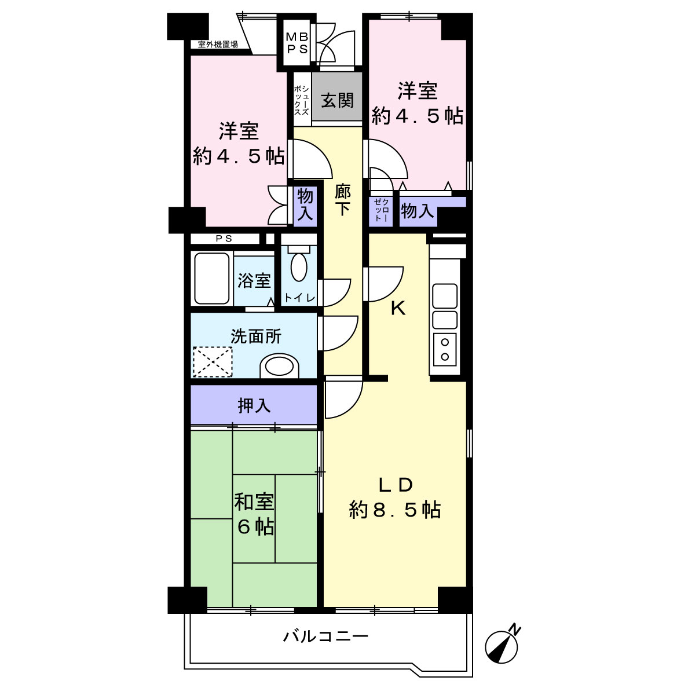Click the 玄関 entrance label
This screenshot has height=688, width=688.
pyautogui.click(x=337, y=101)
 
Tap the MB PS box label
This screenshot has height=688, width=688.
pyautogui.click(x=297, y=42)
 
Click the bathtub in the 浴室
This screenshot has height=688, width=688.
pyautogui.click(x=212, y=278)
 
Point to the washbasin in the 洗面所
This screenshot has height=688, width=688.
pyautogui.click(x=280, y=366)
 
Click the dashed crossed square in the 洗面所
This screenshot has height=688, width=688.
pyautogui.click(x=213, y=362)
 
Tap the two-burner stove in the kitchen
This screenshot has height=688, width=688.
pyautogui.click(x=445, y=349)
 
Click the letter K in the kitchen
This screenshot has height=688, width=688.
pyautogui.click(x=398, y=309)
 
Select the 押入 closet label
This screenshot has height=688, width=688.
pyautogui.click(x=254, y=406)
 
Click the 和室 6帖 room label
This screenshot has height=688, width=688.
pyautogui.click(x=254, y=514)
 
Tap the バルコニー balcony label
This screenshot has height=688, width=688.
pyautogui.click(x=325, y=636)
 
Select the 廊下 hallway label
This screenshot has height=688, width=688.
pyautogui.click(x=343, y=200)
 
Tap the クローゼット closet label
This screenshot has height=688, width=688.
pyautogui.click(x=381, y=210)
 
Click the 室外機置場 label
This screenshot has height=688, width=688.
pyautogui.click(x=218, y=45)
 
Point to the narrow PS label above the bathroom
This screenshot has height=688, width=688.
pyautogui.click(x=224, y=239)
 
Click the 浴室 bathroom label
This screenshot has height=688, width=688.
pyautogui.click(x=254, y=280)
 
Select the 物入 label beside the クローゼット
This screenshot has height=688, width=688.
pyautogui.click(x=418, y=211)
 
